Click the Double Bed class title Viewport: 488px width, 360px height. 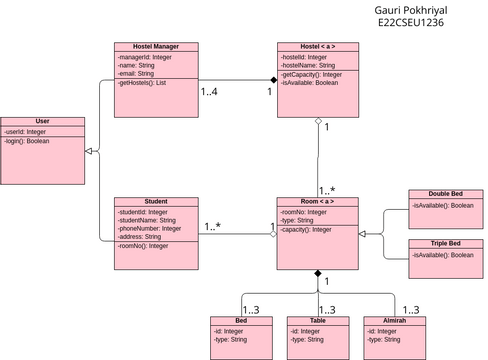[445, 194]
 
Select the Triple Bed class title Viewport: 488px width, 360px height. [445, 243]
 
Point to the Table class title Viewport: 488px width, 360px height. [318, 320]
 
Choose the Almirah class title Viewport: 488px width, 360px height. [396, 320]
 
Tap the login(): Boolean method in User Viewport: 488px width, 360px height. [26, 141]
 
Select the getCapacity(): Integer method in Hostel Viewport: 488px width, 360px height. [313, 74]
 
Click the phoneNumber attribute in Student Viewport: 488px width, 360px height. [150, 228]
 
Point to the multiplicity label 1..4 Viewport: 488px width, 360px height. [210, 93]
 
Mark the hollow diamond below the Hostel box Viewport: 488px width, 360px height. [318, 121]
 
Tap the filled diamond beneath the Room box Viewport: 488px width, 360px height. [318, 273]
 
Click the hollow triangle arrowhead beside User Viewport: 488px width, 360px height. [89, 151]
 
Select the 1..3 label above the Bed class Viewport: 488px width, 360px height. [250, 309]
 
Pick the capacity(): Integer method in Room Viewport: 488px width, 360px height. [306, 229]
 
